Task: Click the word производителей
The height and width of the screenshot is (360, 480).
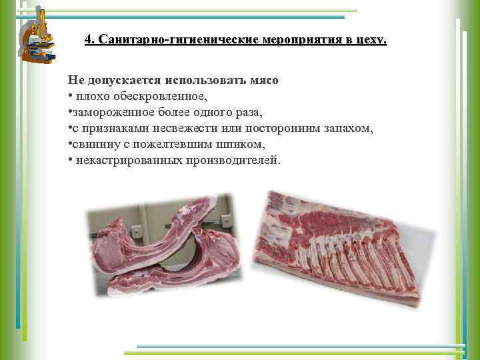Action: coord(231,161)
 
